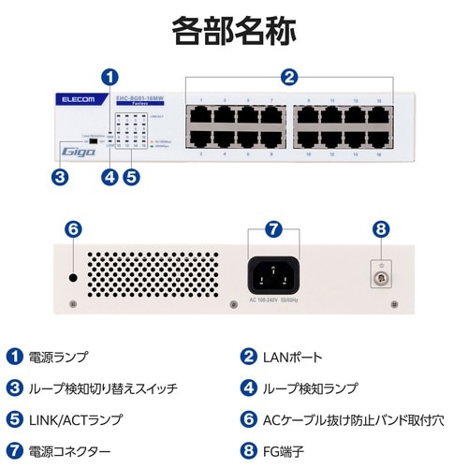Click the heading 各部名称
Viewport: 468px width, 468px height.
click(x=234, y=31)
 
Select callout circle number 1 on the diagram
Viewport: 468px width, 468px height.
click(x=110, y=78)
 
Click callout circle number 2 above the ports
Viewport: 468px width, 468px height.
click(x=289, y=78)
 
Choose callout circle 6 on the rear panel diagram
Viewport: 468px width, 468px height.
click(x=74, y=228)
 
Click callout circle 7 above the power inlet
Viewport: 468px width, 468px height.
click(x=273, y=228)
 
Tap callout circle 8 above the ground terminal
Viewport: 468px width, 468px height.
click(x=380, y=228)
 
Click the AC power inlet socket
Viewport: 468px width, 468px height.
click(x=273, y=273)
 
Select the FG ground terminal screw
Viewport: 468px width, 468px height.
click(x=380, y=274)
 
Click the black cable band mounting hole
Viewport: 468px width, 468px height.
click(x=74, y=278)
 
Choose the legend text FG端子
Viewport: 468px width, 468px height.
click(x=283, y=449)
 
